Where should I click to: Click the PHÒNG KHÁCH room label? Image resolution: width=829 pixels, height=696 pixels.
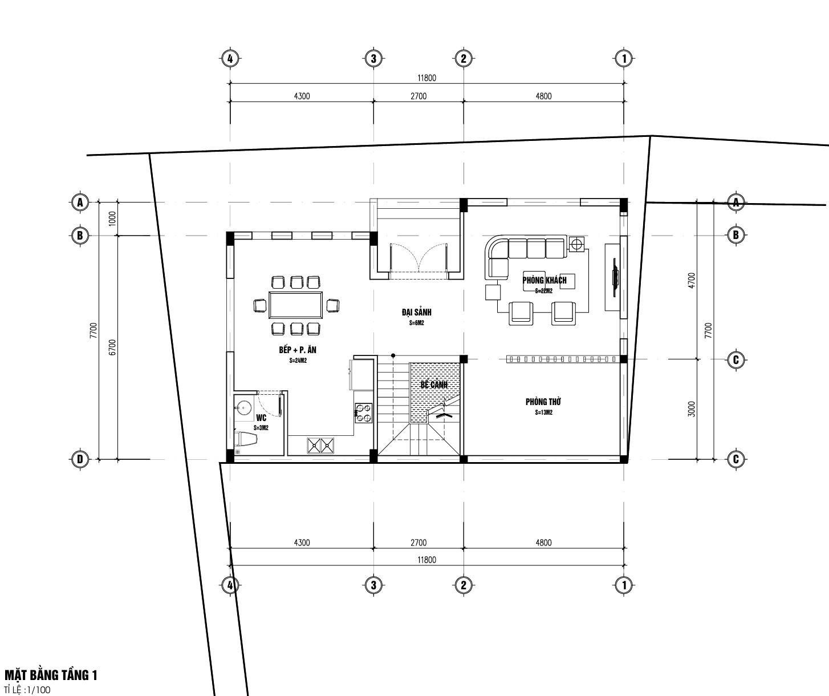coord(544,280)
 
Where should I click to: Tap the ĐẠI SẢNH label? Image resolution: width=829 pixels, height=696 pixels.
coord(416,312)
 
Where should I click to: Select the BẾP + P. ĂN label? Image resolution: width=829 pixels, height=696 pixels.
coord(298,350)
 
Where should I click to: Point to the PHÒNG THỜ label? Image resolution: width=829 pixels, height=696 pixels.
coord(543,402)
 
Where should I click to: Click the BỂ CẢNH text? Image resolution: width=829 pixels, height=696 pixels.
coord(434,384)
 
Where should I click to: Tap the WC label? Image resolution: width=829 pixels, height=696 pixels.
coord(261,418)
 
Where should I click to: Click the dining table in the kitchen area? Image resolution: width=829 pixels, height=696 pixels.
coord(295,305)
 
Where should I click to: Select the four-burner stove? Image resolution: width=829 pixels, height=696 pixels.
coord(363,413)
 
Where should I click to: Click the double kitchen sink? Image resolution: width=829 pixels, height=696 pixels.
coord(320,446)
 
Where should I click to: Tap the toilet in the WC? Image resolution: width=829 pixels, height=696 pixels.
coord(246,439)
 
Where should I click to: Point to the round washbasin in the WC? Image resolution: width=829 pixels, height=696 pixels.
coord(242,407)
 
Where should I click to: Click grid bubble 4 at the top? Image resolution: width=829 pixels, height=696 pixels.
coord(230,59)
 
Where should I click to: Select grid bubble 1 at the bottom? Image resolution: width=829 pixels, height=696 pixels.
coord(624,585)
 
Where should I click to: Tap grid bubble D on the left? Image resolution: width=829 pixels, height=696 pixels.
coord(80,459)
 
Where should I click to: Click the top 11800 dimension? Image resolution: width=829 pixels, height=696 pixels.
coord(427,78)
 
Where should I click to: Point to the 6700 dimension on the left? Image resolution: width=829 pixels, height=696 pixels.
coord(112,347)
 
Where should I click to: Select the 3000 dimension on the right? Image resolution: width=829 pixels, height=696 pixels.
coord(692,409)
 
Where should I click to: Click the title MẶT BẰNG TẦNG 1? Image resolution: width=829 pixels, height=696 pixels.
coord(51,675)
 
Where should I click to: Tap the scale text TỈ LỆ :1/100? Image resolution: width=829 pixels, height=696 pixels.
coord(27,690)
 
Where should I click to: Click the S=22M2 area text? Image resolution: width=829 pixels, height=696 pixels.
coord(543,291)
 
